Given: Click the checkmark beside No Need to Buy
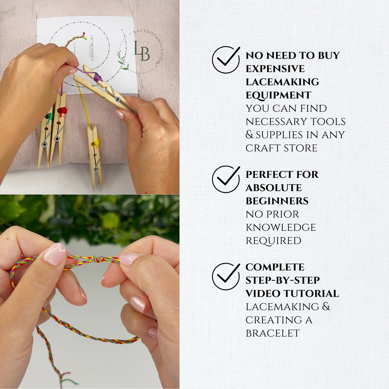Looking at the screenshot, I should (226, 60).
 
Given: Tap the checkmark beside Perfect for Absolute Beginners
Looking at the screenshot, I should (226, 179).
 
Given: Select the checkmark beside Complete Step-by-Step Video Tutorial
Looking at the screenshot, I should (226, 277).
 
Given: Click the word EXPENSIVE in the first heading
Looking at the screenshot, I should (275, 69).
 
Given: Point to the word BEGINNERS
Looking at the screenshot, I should (277, 201).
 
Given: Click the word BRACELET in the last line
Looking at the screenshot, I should (272, 333).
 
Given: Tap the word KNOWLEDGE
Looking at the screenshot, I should (281, 228).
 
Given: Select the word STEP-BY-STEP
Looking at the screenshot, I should (283, 280).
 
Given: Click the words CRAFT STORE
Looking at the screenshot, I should (281, 148).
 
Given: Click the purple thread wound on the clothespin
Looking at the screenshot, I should (97, 77).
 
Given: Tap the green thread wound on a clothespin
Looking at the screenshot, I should (49, 116).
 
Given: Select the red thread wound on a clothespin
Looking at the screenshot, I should (62, 111).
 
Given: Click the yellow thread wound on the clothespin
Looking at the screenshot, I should (96, 143).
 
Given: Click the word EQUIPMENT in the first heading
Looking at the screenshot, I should (278, 95).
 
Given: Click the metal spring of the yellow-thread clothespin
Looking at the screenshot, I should (97, 164).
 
